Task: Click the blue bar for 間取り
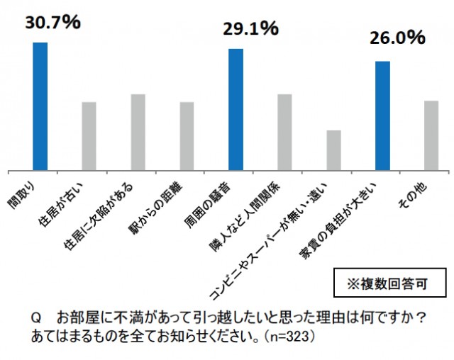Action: pyautogui.click(x=40, y=106)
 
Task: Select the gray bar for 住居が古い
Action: pyautogui.click(x=89, y=136)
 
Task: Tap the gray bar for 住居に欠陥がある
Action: pyautogui.click(x=138, y=133)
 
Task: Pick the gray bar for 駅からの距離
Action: pyautogui.click(x=187, y=136)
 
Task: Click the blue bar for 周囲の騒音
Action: pyautogui.click(x=236, y=110)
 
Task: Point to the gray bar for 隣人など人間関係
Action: pyautogui.click(x=284, y=133)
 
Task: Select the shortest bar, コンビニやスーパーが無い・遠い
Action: pyautogui.click(x=333, y=150)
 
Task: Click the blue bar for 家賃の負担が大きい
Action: pyautogui.click(x=382, y=116)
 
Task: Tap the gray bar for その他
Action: pyautogui.click(x=431, y=135)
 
